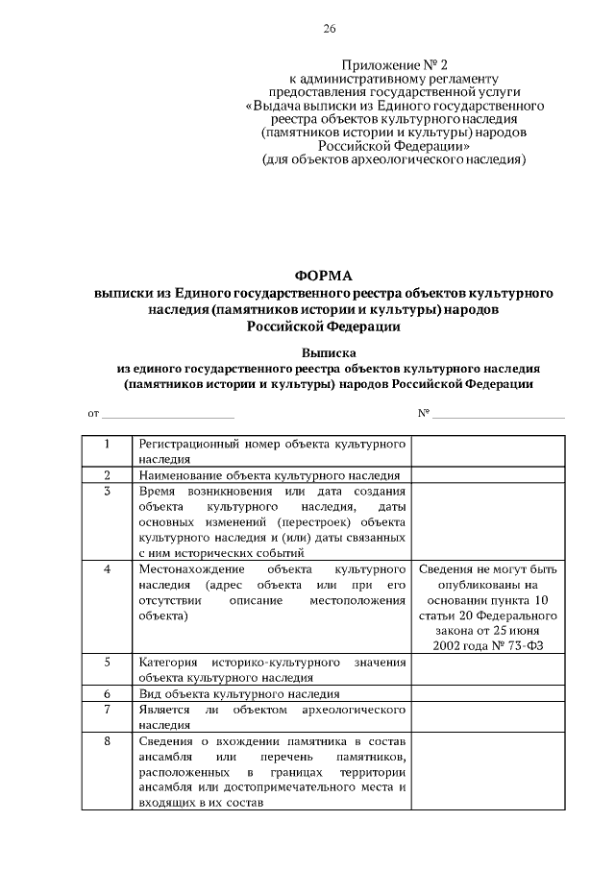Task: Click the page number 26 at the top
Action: pos(329,29)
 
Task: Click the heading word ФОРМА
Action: pos(323,276)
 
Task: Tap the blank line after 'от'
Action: pos(167,414)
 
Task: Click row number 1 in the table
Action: pos(107,445)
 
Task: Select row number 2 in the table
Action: pos(107,474)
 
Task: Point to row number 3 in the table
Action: pos(107,490)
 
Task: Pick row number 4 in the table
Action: pos(107,568)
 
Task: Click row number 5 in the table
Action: pos(107,662)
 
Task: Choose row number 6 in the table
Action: pos(107,692)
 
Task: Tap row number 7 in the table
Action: pos(107,708)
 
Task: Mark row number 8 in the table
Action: pos(107,739)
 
